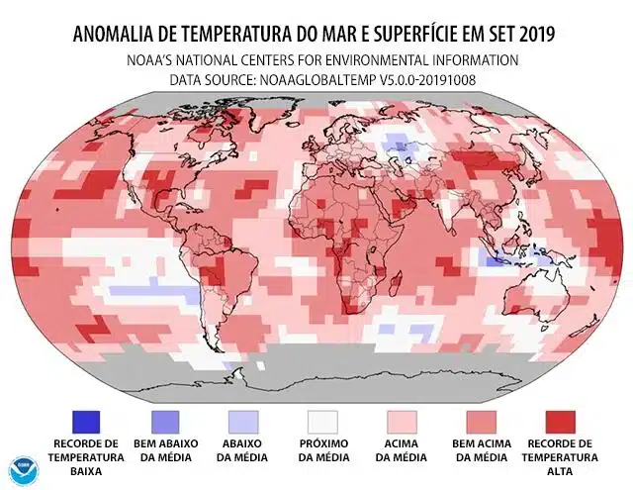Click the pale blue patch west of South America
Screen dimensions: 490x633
click(148, 292)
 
